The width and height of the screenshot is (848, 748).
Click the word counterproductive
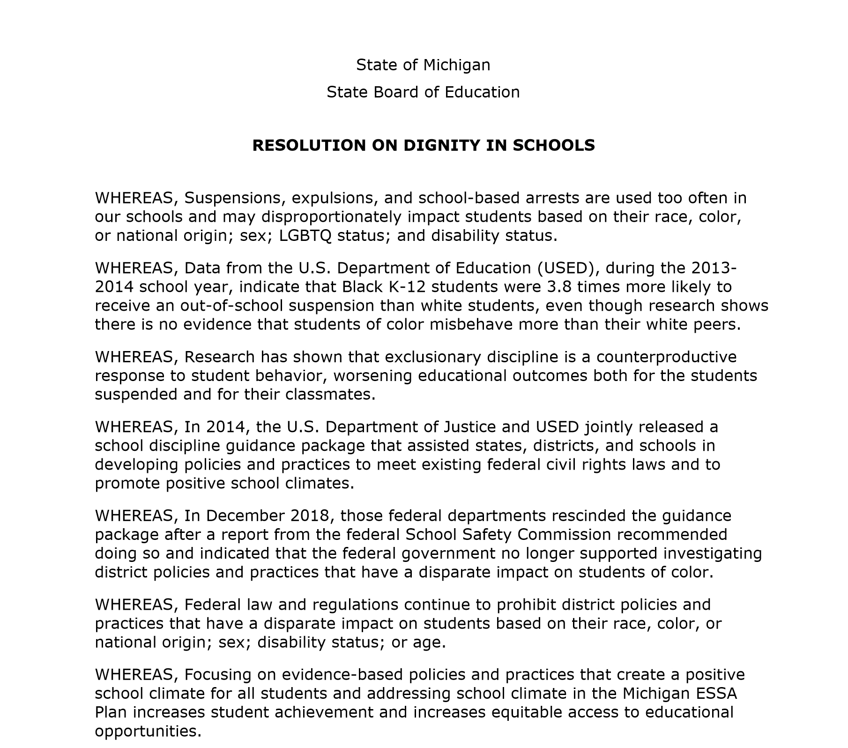tap(666, 357)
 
